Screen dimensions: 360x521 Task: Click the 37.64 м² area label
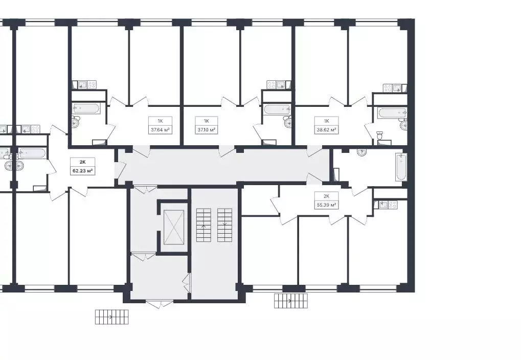click(159, 130)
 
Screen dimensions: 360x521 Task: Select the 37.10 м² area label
click(207, 130)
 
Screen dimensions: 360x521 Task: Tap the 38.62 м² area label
click(326, 130)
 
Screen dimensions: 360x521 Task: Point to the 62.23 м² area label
click(82, 171)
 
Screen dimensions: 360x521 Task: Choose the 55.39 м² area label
click(326, 205)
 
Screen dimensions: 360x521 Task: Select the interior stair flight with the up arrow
click(203, 225)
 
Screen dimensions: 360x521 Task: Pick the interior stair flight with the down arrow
click(224, 225)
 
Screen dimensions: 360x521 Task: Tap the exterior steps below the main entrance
click(111, 317)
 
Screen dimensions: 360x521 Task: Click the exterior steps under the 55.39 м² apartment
click(291, 301)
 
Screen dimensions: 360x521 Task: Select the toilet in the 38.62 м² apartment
click(380, 136)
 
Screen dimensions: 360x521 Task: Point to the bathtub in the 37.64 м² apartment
click(87, 108)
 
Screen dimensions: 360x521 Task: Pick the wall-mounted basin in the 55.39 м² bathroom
click(361, 152)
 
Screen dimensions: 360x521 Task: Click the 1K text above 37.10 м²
click(207, 121)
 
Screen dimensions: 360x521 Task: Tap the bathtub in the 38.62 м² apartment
click(392, 112)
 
